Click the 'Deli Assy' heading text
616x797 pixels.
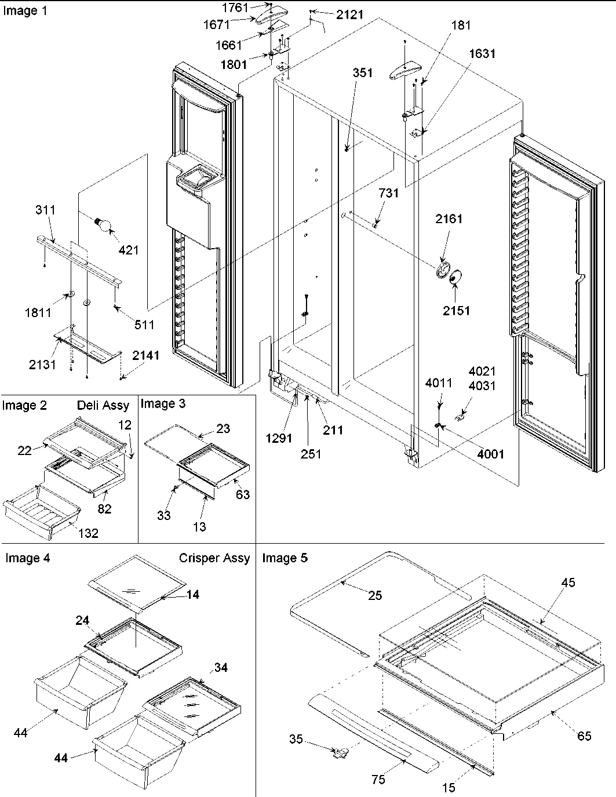(x=103, y=405)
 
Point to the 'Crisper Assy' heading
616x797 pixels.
(x=214, y=558)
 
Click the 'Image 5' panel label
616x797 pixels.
(x=285, y=558)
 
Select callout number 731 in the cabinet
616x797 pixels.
(x=388, y=193)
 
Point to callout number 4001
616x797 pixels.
(x=490, y=454)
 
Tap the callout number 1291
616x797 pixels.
(x=279, y=438)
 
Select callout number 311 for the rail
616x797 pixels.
(x=46, y=209)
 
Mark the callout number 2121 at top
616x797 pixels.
(x=349, y=14)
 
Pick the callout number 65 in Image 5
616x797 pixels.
(x=584, y=736)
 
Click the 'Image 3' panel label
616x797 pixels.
(x=163, y=403)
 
